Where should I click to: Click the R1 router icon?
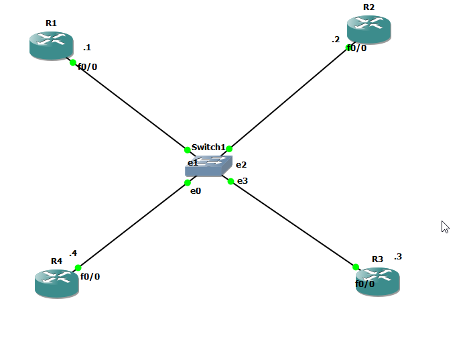[51, 45]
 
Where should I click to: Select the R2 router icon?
[369, 29]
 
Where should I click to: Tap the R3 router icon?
[377, 280]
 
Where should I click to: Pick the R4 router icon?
[56, 282]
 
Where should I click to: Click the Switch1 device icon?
[208, 166]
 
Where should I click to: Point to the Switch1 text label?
[208, 147]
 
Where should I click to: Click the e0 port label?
[196, 191]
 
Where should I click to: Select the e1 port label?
[192, 162]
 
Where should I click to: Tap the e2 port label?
[241, 164]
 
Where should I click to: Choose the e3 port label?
[243, 180]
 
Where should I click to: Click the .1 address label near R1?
[86, 48]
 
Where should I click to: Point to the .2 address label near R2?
[336, 40]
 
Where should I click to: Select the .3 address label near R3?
[398, 256]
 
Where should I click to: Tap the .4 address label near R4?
[73, 253]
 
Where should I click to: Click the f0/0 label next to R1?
[88, 66]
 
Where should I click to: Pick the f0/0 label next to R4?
[90, 276]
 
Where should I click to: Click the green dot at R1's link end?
[73, 62]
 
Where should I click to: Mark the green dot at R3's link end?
[356, 267]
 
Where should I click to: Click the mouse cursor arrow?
[444, 226]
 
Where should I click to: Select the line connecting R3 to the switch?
[293, 224]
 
